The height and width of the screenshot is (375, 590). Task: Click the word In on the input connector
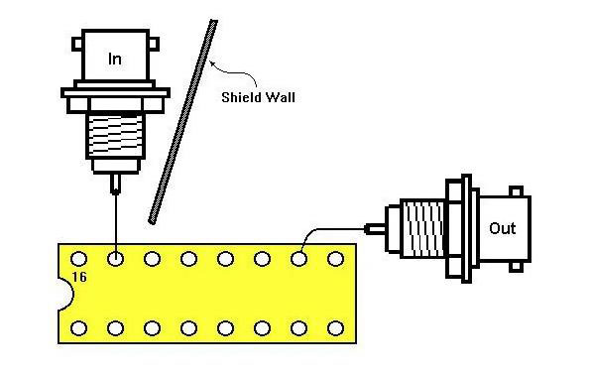coord(115,60)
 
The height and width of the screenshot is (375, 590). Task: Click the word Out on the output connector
coord(503,228)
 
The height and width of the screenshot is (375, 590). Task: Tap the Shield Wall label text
coord(258,97)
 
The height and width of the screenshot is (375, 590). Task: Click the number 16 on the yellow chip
coord(79,277)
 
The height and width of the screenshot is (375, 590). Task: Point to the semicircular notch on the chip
coord(67,294)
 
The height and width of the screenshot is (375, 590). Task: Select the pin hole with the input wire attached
coord(115,259)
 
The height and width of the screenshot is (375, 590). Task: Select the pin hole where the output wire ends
coord(298,259)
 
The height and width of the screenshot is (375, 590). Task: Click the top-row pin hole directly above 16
coord(78,259)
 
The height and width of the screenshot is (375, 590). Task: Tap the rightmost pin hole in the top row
coord(335,259)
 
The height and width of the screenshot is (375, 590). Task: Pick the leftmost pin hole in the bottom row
coord(78,328)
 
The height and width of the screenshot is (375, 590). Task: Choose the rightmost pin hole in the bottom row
coord(335,328)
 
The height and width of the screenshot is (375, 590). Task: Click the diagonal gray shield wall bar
coord(182,122)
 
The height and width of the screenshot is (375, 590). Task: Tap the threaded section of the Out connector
coord(422,228)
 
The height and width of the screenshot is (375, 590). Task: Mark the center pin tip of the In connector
coord(115,192)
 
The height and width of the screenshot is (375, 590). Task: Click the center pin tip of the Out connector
coord(366,228)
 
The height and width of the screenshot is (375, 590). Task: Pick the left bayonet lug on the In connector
coord(77,44)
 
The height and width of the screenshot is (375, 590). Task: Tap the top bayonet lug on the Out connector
coord(516,191)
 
